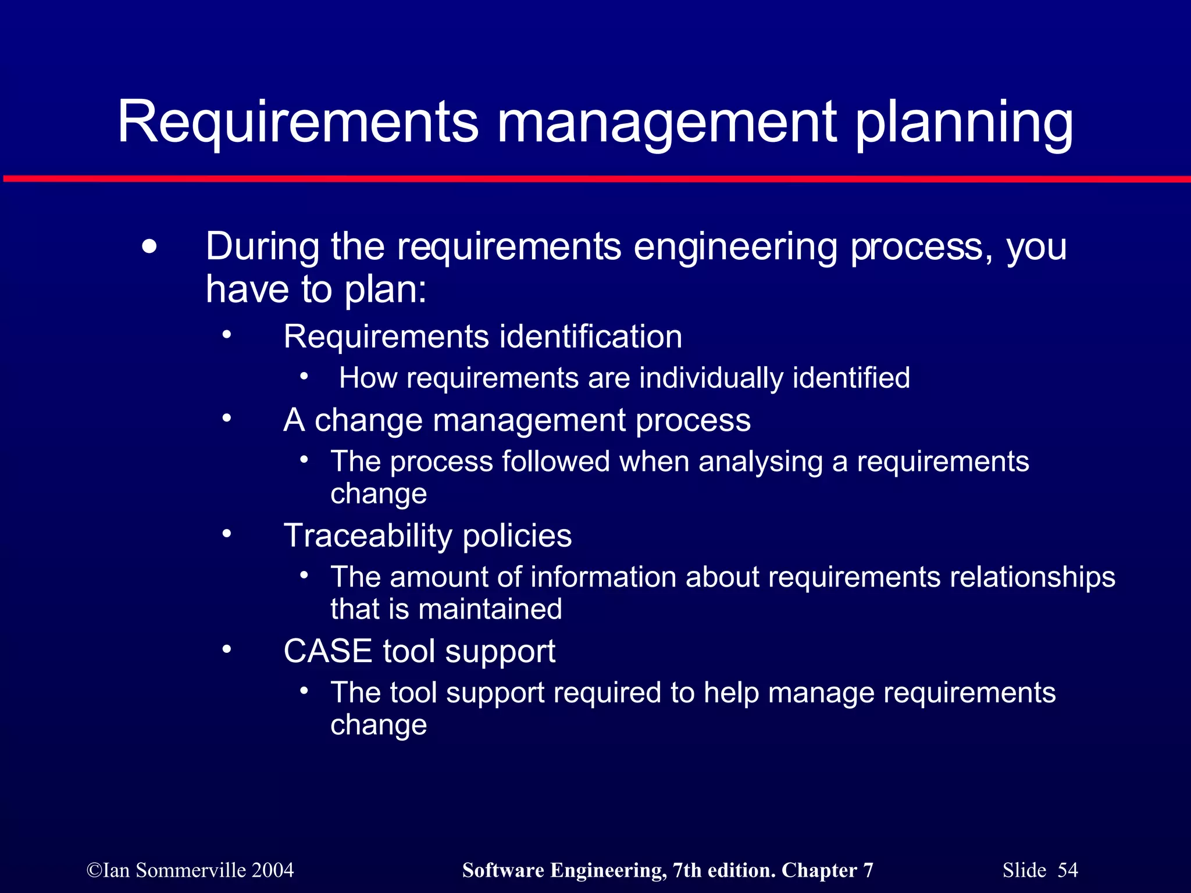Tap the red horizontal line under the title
[595, 178]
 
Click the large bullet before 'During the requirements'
[149, 247]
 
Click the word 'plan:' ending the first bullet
[386, 289]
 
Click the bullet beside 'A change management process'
[226, 418]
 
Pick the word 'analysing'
[761, 462]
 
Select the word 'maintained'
[490, 609]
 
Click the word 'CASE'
[327, 651]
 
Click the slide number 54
[1068, 870]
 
